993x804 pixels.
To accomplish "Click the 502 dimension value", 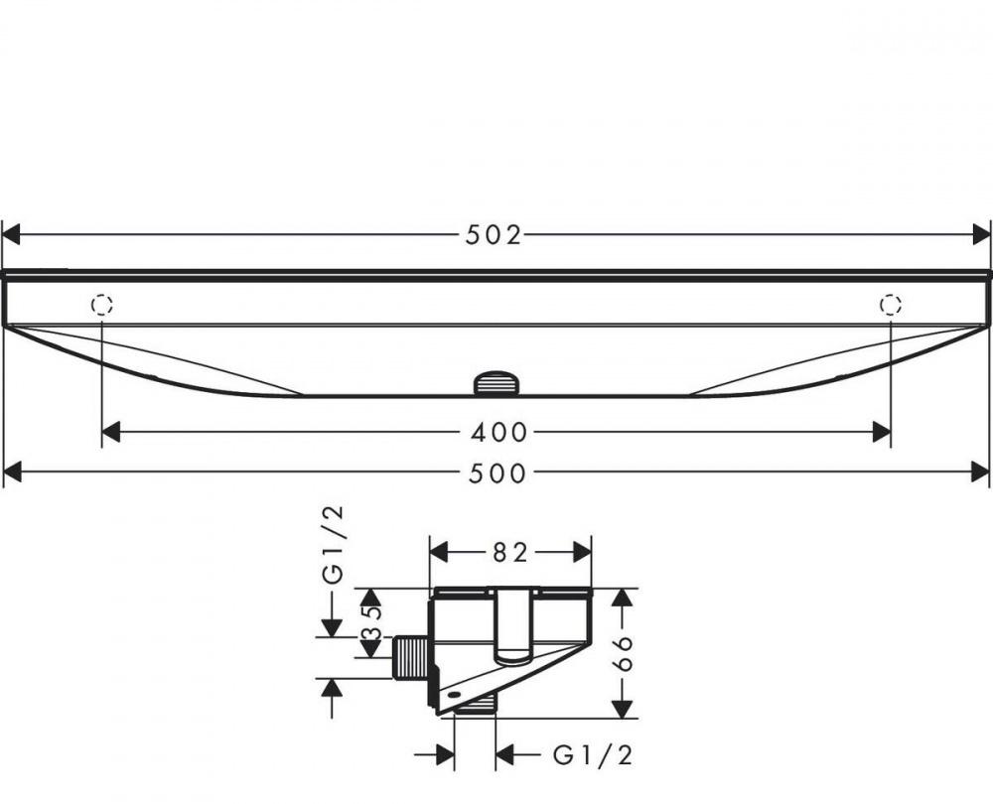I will [494, 235].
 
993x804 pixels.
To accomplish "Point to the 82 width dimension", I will [510, 553].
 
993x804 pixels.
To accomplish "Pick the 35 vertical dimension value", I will [370, 622].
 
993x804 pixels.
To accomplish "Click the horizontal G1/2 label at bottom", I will [592, 756].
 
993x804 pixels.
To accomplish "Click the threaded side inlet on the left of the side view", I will [409, 658].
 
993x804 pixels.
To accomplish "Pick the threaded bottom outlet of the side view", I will [476, 705].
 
